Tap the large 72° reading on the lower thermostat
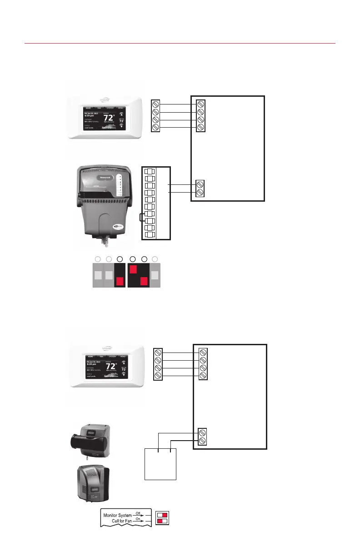pos(111,367)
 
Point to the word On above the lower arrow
pos(138,519)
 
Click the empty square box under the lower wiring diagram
pos(160,463)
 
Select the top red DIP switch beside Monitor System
pos(165,515)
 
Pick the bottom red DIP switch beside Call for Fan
pos(160,521)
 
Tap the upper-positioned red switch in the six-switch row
pos(133,269)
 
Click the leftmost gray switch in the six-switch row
pos(97,275)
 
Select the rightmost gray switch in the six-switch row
pos(155,275)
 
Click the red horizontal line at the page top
pos(180,44)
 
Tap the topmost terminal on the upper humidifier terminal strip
pos(150,171)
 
